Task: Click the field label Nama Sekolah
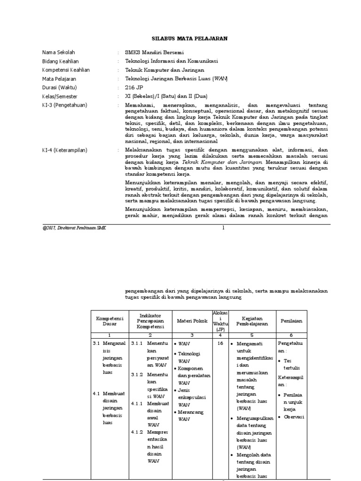coord(59,52)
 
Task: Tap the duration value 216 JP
coord(133,87)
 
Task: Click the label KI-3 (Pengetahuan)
coord(65,105)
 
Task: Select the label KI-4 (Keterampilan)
coord(65,150)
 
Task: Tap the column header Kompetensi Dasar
coord(109,321)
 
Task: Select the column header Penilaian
coord(291,321)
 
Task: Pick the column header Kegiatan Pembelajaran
coord(251,321)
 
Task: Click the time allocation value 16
coord(220,344)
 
